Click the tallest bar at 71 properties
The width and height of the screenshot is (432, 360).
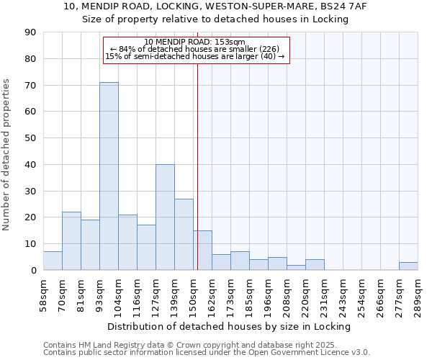[109, 176]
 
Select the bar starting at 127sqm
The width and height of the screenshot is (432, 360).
[165, 217]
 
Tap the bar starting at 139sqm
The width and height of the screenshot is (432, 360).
[184, 234]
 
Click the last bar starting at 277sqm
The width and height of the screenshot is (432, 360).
[408, 266]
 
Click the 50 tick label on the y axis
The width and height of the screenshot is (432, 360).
[30, 138]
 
